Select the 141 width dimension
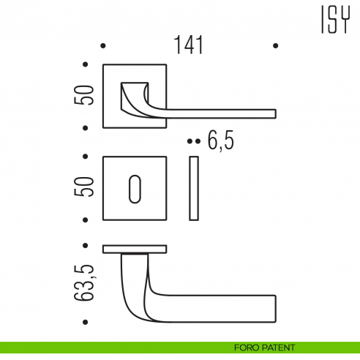[x=189, y=45]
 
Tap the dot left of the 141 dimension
[x=103, y=46]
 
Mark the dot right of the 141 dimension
[x=275, y=46]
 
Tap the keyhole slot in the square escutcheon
[x=135, y=187]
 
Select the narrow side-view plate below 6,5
[x=194, y=187]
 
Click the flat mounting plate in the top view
[x=135, y=249]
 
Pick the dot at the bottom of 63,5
[x=86, y=323]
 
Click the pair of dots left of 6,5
[x=193, y=140]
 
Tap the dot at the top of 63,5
[x=86, y=245]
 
